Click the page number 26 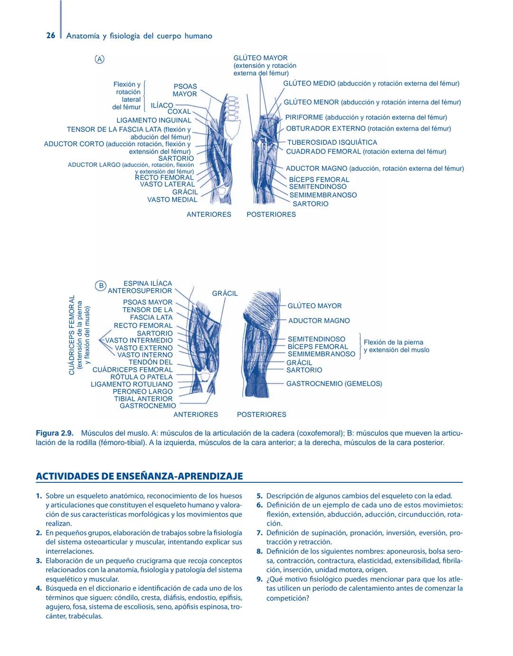point(50,36)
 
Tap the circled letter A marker point(99,59)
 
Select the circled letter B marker point(101,286)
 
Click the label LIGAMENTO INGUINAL point(154,120)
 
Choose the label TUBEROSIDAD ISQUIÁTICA point(332,142)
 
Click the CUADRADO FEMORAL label point(323,152)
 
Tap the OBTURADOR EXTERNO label point(326,129)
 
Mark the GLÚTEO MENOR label point(311,102)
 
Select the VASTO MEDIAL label point(172,200)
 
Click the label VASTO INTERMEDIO point(139,341)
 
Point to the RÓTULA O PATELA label point(142,377)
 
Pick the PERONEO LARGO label point(142,392)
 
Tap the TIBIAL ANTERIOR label point(143,399)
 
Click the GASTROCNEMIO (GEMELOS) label point(334,384)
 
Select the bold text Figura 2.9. point(54,434)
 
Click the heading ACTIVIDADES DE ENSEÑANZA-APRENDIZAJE point(140,476)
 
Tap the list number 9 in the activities point(259,580)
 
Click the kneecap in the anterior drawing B point(205,377)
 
